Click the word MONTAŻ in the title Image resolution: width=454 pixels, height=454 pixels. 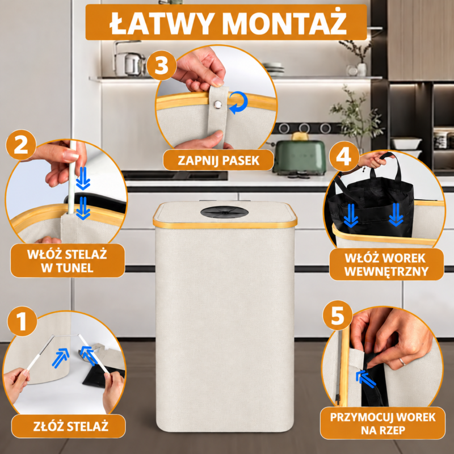click(284, 23)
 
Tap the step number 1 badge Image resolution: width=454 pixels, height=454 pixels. click(22, 321)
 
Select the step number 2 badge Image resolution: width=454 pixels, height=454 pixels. click(21, 145)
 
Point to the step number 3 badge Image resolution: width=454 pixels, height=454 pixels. click(162, 65)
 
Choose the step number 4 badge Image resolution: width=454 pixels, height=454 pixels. click(344, 157)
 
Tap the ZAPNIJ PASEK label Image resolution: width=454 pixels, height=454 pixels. click(218, 160)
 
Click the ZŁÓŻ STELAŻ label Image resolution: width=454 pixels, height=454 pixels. click(69, 426)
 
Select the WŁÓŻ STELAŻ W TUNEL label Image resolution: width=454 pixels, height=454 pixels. click(68, 260)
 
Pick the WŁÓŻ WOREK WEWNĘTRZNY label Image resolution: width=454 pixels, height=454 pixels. click(386, 264)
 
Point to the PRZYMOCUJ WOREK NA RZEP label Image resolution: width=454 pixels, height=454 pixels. click(382, 423)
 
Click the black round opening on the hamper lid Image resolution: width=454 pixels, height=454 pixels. click(224, 212)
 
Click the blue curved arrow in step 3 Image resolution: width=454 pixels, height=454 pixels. click(239, 103)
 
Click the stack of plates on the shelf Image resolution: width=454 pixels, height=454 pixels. click(274, 69)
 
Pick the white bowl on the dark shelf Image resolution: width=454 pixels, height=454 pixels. click(406, 144)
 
